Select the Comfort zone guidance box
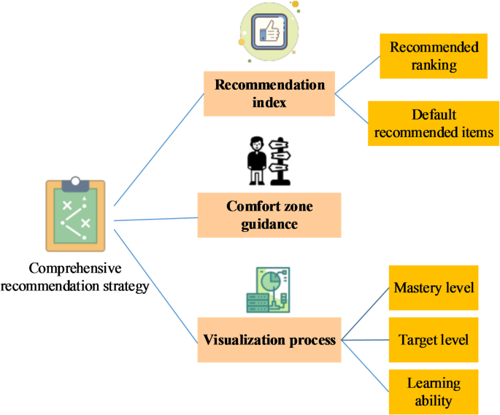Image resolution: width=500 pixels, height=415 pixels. point(269,215)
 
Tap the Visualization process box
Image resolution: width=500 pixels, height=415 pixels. point(269,340)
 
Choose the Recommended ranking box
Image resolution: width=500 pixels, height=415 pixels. point(434,56)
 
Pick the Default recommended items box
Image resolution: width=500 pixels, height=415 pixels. point(434,124)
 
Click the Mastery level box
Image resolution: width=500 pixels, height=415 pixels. point(434,287)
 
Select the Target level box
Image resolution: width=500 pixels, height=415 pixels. point(434,340)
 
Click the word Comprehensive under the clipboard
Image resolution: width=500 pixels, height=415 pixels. point(76,269)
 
